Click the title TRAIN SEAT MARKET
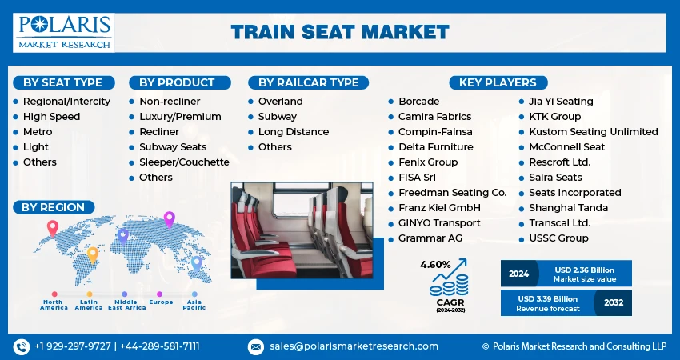click(x=340, y=32)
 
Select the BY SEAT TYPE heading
click(x=62, y=82)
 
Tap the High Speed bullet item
click(x=52, y=117)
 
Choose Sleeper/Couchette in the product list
click(x=184, y=162)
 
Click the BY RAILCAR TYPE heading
click(x=308, y=82)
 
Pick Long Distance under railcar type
click(x=293, y=132)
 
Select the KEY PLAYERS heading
click(x=498, y=82)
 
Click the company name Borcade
click(x=419, y=102)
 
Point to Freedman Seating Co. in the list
click(x=453, y=193)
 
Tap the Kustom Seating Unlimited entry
click(x=593, y=132)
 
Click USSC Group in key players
click(x=558, y=238)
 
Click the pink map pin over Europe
click(x=169, y=218)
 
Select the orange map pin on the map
click(x=93, y=254)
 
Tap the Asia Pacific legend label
click(x=194, y=304)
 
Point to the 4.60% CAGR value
click(x=435, y=264)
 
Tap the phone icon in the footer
click(x=21, y=346)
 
